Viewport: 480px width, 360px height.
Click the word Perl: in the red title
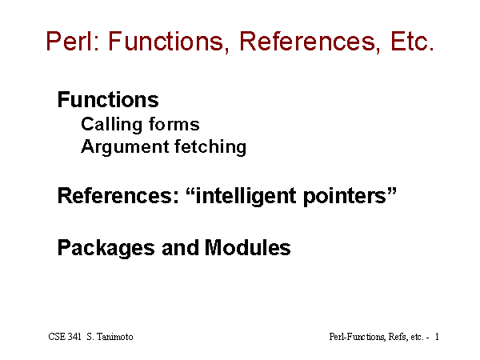pos(73,41)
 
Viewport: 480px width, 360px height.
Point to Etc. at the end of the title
pos(412,41)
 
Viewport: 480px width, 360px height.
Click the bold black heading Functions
pos(108,99)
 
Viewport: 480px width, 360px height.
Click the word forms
pos(174,124)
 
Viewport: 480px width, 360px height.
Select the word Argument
pos(125,147)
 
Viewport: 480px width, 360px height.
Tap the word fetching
pos(210,147)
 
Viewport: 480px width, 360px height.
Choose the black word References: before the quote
pos(118,196)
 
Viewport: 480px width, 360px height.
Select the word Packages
pos(106,248)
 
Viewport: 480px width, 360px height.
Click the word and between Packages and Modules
pos(180,248)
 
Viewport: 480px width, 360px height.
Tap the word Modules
pos(248,248)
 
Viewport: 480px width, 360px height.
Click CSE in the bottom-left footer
pos(57,337)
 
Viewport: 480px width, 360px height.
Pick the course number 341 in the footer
pos(74,337)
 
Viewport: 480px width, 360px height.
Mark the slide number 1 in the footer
pos(437,337)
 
